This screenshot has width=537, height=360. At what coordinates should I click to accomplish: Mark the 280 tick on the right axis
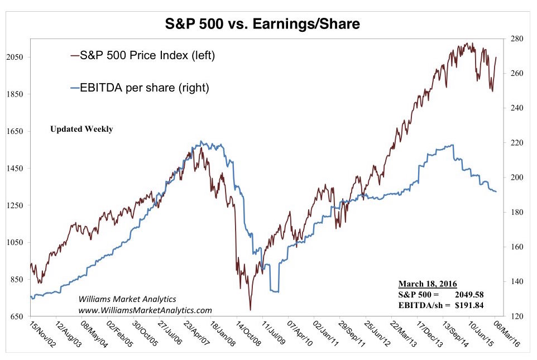tap(516, 39)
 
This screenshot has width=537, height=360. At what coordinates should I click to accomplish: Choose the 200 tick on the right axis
tap(516, 177)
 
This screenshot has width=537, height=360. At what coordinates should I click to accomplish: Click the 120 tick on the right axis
tap(516, 316)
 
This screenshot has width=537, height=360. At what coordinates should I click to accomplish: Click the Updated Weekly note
tap(81, 129)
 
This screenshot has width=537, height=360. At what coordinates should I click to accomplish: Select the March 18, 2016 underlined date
tap(427, 284)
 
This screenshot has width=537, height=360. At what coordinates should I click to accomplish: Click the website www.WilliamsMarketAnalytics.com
tap(145, 310)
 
